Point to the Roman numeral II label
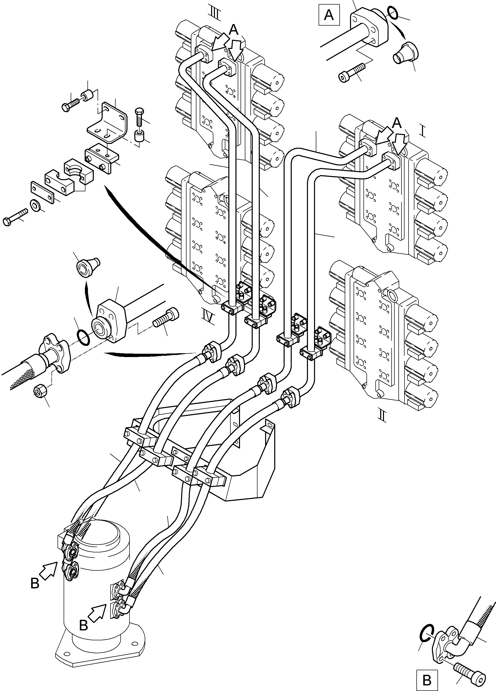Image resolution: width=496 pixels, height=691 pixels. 382,416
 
